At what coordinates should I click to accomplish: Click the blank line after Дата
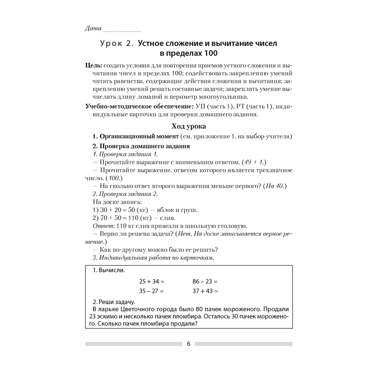[121, 31]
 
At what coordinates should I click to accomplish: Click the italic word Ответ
[101, 226]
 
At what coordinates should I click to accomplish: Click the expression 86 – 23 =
[205, 281]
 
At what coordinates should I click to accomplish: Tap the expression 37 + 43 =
[205, 291]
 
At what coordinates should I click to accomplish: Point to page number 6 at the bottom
[188, 344]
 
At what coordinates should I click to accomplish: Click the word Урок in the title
[112, 44]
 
